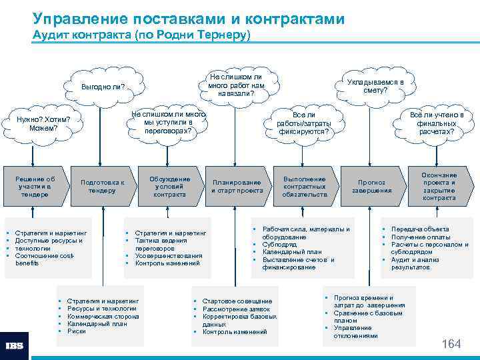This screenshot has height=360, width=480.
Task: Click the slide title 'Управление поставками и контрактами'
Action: tap(189, 19)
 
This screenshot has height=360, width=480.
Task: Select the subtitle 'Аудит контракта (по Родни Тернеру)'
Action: tap(141, 34)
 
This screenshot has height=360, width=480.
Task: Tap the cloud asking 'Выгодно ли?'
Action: tap(103, 87)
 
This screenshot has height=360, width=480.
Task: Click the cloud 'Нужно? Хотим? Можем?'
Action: tap(43, 123)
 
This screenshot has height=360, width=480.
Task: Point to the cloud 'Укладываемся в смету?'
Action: tap(375, 86)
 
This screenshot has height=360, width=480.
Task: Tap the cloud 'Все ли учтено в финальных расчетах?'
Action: tap(437, 123)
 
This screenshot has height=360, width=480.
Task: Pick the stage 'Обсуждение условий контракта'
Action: tap(169, 187)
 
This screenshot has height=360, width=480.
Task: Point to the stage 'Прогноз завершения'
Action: tap(371, 186)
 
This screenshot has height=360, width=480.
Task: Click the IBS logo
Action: tap(15, 346)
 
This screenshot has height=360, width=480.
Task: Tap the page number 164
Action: tap(451, 343)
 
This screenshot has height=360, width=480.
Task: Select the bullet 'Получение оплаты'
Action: tap(421, 237)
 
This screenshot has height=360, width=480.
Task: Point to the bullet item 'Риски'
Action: tap(77, 331)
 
